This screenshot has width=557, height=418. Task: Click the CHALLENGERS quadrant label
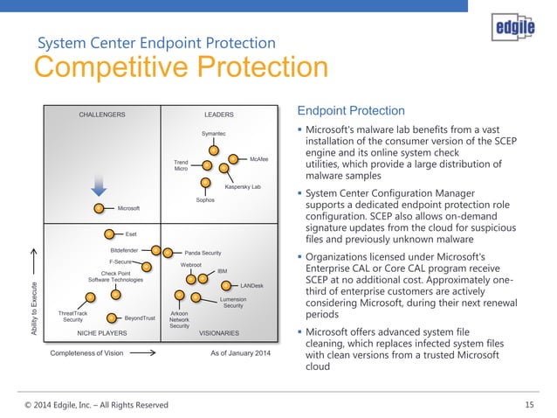[102, 115]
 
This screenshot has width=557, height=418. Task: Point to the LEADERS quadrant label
[219, 115]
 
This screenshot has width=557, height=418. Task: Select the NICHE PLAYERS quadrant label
[102, 333]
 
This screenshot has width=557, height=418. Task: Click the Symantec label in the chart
[213, 133]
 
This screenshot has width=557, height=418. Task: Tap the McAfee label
[259, 158]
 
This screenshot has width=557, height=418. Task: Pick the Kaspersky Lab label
[243, 187]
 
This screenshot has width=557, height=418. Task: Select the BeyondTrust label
[140, 318]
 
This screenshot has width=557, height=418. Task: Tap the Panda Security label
[203, 252]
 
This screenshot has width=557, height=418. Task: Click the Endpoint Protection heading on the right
[351, 111]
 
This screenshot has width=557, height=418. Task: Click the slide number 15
[529, 404]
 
